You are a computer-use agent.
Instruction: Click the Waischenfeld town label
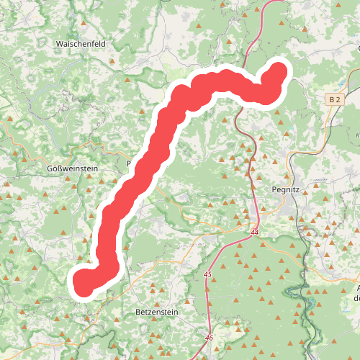click(81, 43)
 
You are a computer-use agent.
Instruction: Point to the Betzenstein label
click(155, 312)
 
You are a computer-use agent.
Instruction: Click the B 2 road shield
click(333, 99)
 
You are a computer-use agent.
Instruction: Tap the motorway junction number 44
click(255, 234)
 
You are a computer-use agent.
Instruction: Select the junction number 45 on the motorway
click(208, 274)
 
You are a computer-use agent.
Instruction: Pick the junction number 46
click(209, 337)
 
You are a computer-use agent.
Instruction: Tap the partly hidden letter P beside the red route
click(130, 164)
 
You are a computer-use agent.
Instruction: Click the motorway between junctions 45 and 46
click(205, 306)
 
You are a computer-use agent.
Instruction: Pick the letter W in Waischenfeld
click(59, 43)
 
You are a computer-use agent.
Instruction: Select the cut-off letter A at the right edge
click(357, 289)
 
